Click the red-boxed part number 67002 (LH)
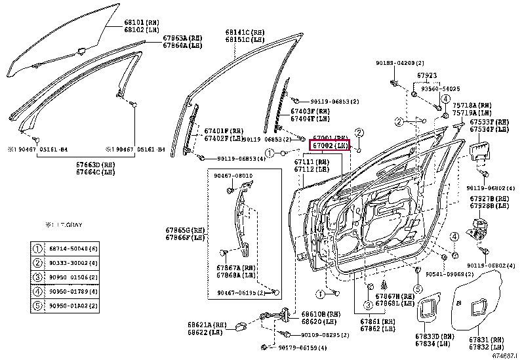point(330,146)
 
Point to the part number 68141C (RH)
point(245,31)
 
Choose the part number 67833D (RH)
point(433,336)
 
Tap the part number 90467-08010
point(233,176)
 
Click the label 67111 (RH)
point(312,161)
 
